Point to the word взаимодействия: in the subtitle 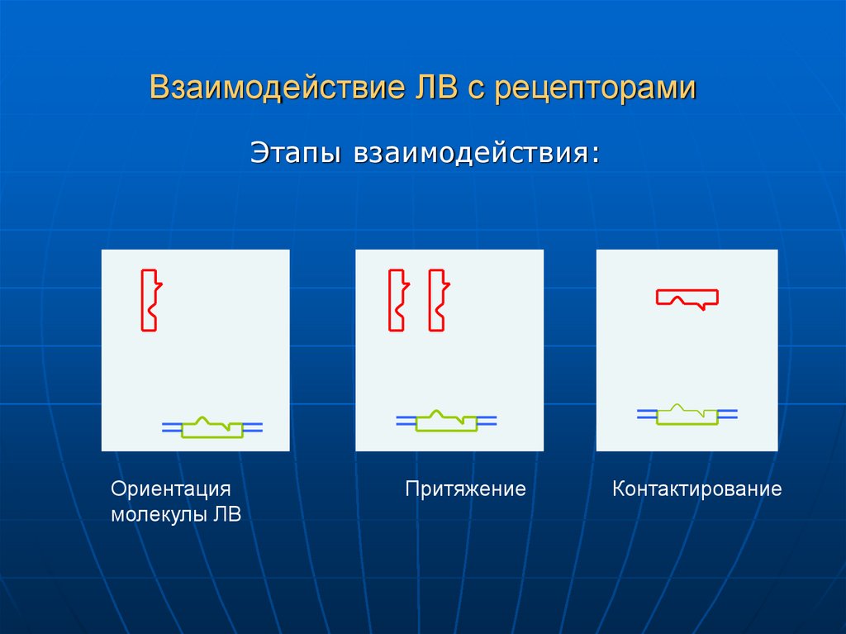[x=477, y=154]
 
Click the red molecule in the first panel [x=150, y=300]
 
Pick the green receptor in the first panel [x=212, y=429]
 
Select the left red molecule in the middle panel [x=397, y=300]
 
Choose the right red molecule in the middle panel [x=437, y=300]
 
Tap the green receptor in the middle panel [x=446, y=423]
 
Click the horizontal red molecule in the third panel [x=687, y=298]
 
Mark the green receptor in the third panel [x=687, y=417]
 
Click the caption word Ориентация [x=171, y=489]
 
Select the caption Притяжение [x=465, y=489]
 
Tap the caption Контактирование [x=696, y=489]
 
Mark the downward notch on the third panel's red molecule [x=701, y=307]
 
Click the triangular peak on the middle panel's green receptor [x=438, y=412]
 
